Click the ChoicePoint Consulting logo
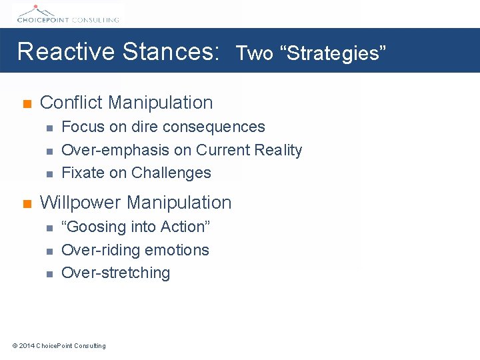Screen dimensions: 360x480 67,13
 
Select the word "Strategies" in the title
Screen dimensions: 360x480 336,53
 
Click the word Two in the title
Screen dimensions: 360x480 255,53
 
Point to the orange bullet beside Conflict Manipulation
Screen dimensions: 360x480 27,104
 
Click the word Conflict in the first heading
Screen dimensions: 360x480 71,103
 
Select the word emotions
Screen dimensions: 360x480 182,250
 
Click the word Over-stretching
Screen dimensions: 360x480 115,273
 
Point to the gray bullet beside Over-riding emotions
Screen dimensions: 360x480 49,251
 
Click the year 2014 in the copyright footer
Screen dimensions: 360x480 27,345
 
